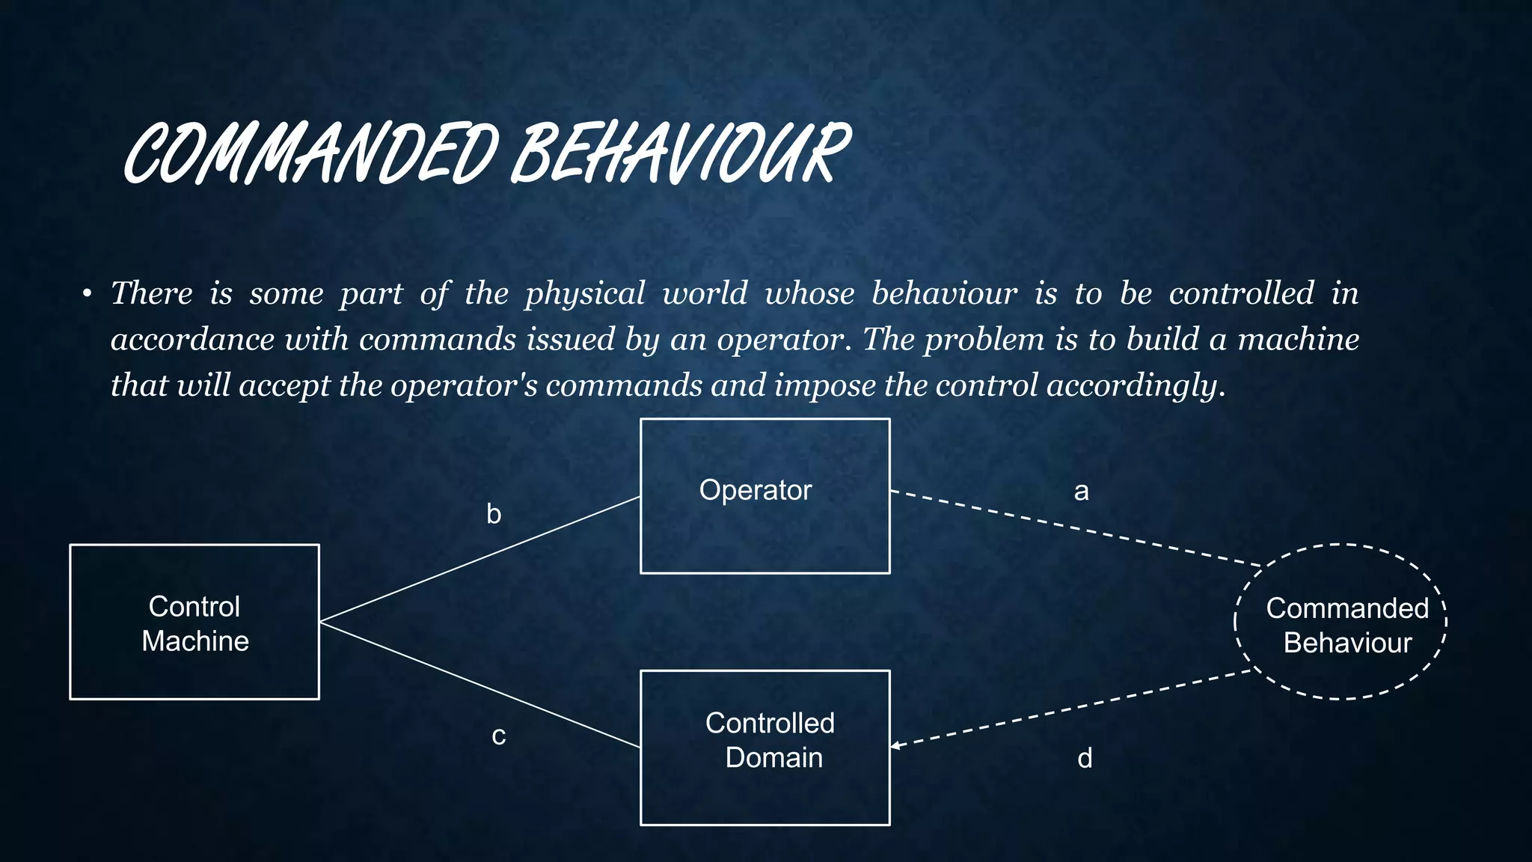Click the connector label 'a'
1081,492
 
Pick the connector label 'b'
494,514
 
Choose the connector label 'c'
498,736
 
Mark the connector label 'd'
1085,759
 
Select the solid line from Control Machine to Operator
479,559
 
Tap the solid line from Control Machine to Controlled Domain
479,685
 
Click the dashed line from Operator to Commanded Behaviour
1077,528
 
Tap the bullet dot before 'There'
88,294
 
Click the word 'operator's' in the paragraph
464,386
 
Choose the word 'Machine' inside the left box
195,641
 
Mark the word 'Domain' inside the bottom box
773,758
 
